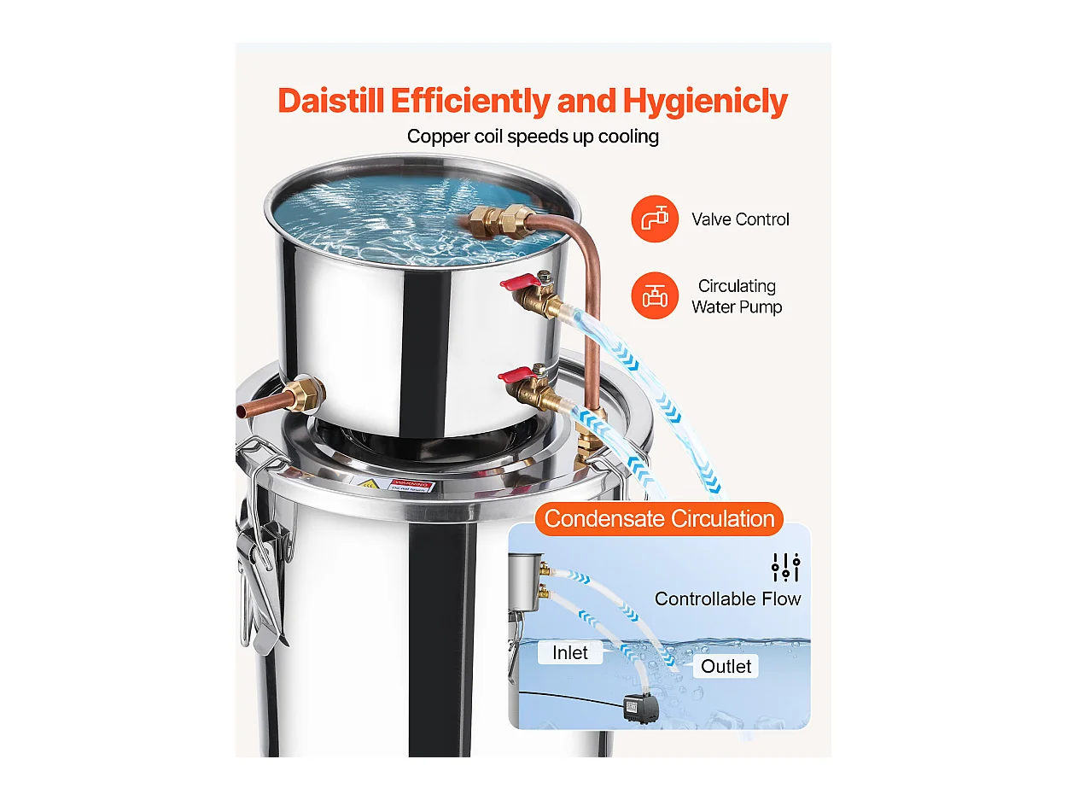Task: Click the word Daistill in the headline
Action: (331, 101)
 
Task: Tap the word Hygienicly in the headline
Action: (705, 101)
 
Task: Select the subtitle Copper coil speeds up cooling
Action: (533, 137)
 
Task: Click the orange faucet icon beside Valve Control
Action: (655, 219)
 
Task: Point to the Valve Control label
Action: (740, 219)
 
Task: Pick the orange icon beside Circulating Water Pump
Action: (655, 295)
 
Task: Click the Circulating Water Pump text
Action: (737, 296)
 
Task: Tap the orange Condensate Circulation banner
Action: (659, 519)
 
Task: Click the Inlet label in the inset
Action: (569, 653)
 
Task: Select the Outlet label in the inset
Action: (726, 666)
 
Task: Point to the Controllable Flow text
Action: (727, 599)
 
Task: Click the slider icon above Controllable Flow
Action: (785, 567)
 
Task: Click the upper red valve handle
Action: (516, 283)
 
